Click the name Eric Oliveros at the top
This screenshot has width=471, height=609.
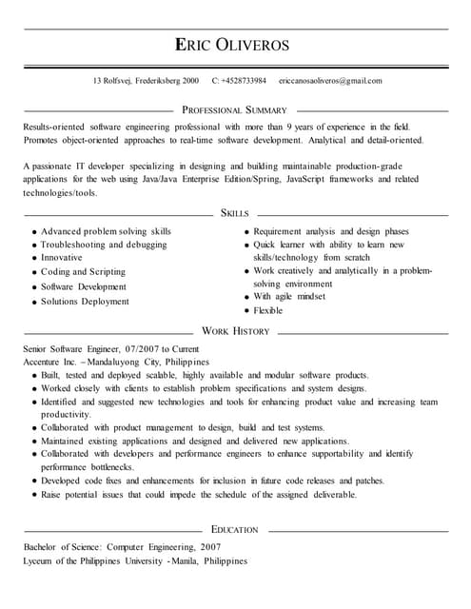pos(235,46)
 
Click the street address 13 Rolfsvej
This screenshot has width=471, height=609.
pos(114,81)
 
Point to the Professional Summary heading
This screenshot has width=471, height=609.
pos(234,110)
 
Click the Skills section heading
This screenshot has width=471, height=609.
pos(235,213)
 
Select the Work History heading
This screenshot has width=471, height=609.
pos(235,331)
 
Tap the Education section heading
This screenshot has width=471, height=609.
pos(235,529)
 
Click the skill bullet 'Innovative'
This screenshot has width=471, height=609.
pos(62,257)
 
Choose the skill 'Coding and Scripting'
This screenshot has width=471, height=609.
pos(83,271)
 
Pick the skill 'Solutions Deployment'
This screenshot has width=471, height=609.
pos(85,302)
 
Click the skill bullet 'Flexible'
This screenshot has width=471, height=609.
pos(268,310)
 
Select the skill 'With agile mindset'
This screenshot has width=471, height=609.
pos(290,296)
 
